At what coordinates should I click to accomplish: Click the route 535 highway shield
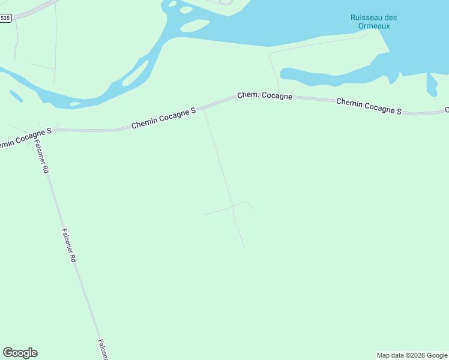point(5,18)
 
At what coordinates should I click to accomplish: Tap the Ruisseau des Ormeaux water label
point(373,22)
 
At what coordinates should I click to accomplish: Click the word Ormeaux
point(373,26)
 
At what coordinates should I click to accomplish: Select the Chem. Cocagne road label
point(265,95)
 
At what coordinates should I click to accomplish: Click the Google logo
point(20,353)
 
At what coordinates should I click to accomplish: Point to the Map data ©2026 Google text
point(412,355)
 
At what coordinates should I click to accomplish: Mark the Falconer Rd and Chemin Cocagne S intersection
point(40,130)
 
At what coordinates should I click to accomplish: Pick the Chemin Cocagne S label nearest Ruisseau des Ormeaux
point(369,106)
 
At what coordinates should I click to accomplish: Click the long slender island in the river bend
point(136,73)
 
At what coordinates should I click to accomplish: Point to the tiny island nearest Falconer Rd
point(75,104)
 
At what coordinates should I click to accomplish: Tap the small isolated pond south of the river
point(16,96)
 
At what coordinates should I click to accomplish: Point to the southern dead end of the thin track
point(244,247)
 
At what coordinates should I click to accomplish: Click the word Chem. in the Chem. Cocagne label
point(247,95)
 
